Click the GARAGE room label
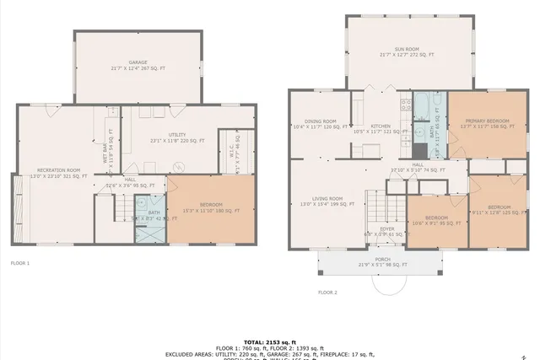(138, 63)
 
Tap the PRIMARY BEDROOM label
(487, 121)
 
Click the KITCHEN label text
(381, 126)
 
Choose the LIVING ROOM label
(323, 199)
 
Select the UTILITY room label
(177, 135)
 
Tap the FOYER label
(386, 228)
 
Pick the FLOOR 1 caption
(19, 263)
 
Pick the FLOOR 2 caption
(327, 293)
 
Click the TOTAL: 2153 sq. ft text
(269, 341)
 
